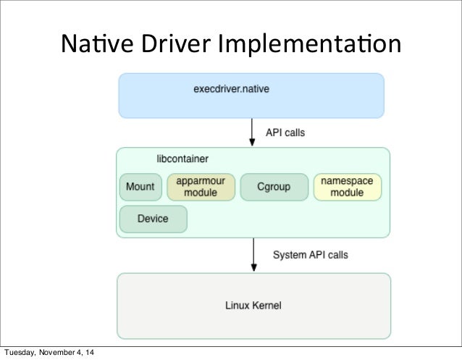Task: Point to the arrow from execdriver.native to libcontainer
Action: pyautogui.click(x=252, y=133)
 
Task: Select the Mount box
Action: pyautogui.click(x=140, y=187)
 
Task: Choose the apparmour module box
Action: pyautogui.click(x=201, y=187)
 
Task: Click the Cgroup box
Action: pyautogui.click(x=274, y=187)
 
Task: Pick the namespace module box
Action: pyautogui.click(x=347, y=187)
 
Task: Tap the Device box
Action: pyautogui.click(x=153, y=219)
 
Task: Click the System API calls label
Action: pyautogui.click(x=310, y=254)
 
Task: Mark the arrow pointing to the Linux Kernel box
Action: pyautogui.click(x=253, y=255)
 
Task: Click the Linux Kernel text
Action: pyautogui.click(x=252, y=305)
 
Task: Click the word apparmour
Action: pyautogui.click(x=201, y=181)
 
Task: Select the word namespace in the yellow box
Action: pyautogui.click(x=347, y=181)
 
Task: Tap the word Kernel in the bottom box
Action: pyautogui.click(x=266, y=305)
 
